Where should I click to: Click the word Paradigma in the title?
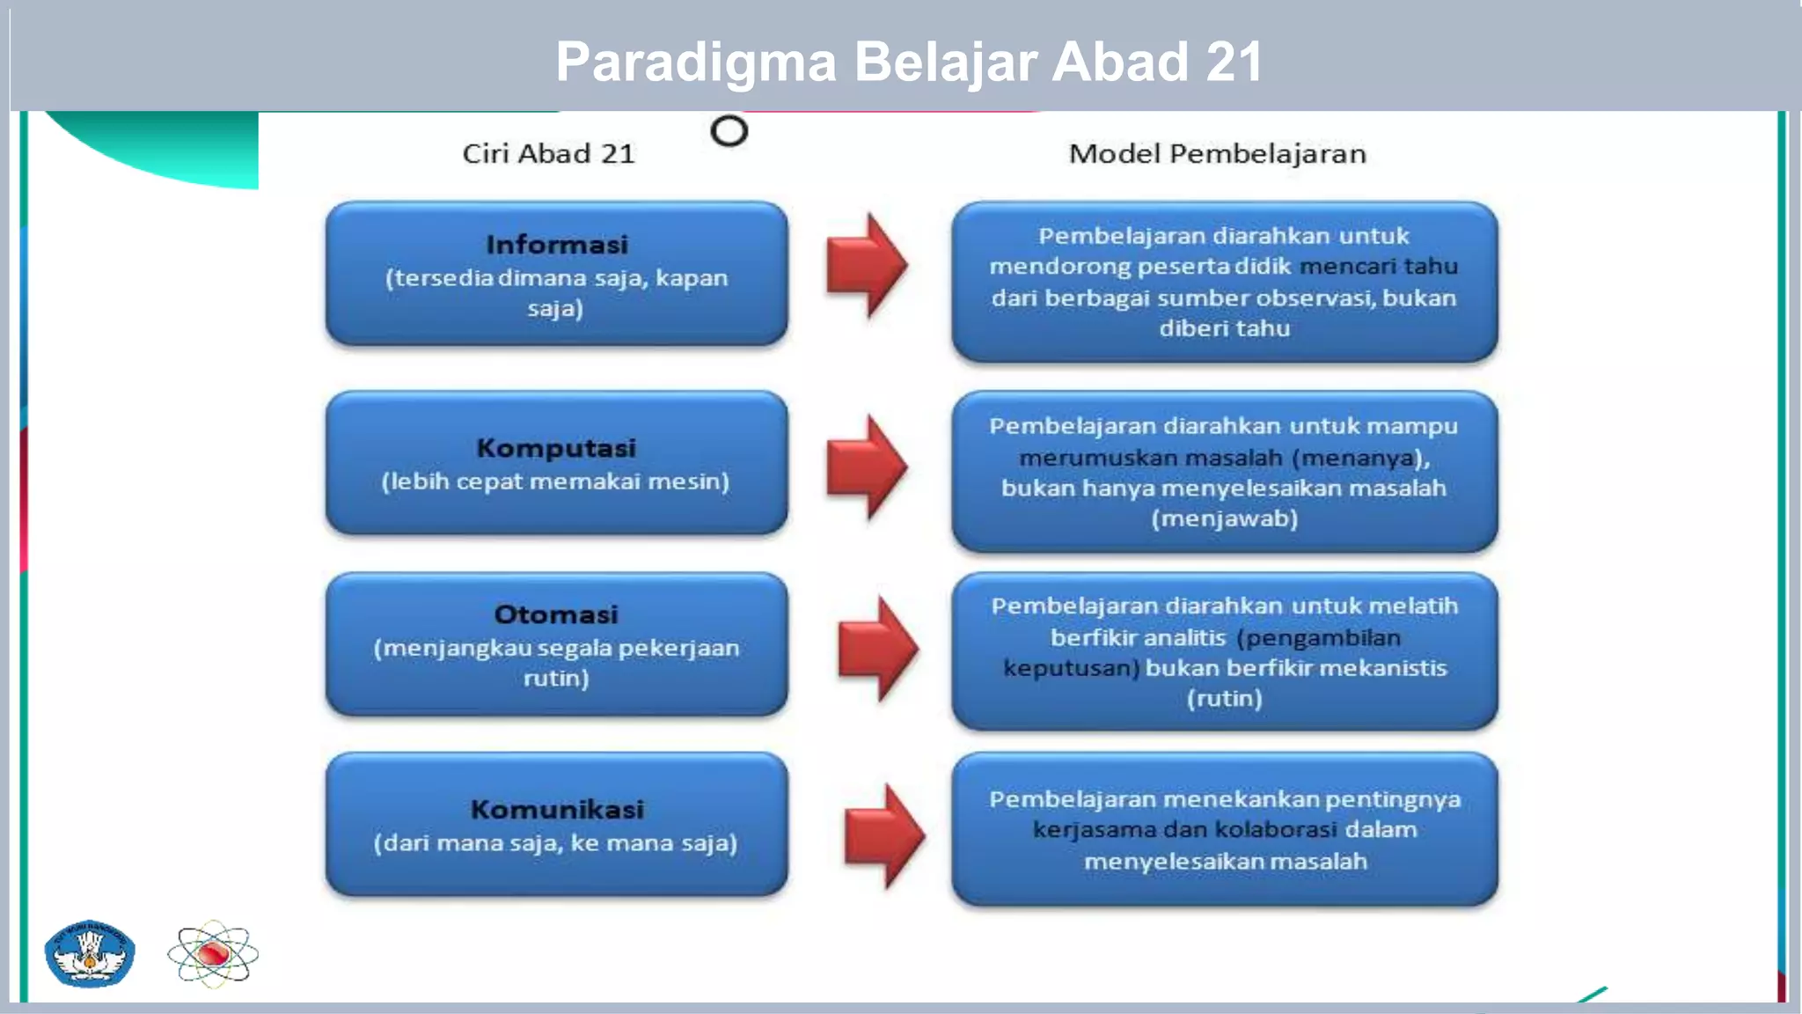(695, 62)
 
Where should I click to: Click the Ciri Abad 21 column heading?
(548, 154)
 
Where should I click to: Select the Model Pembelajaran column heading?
(1217, 154)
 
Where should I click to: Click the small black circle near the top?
(729, 131)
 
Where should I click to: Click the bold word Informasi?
(556, 245)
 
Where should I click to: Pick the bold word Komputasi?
(556, 448)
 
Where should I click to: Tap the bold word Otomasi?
(556, 614)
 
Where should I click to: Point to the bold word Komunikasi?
(556, 810)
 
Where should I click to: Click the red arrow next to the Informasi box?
(866, 265)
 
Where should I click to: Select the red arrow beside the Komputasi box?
(866, 467)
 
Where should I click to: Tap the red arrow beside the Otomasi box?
(877, 649)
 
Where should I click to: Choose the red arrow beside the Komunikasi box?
(883, 836)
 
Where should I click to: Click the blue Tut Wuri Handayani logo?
(90, 954)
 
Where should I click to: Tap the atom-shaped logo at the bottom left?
(213, 954)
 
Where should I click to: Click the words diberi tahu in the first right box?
(1224, 328)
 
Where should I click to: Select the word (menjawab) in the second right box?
(1224, 518)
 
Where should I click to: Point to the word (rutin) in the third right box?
(1224, 699)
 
